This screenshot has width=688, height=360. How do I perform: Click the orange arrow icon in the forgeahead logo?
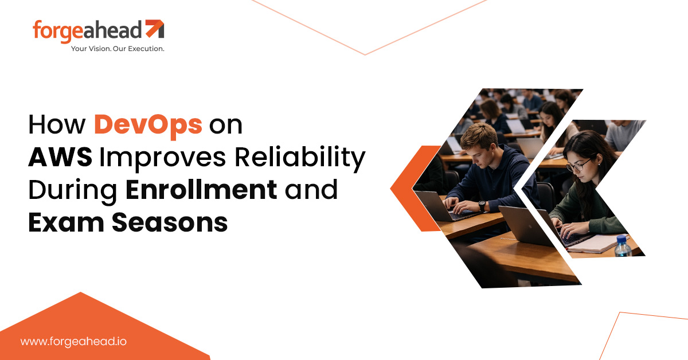click(154, 29)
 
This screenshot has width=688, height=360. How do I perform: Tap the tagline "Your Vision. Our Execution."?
click(118, 49)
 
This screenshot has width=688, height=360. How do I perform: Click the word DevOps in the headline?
click(148, 126)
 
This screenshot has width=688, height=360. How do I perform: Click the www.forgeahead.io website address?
click(73, 341)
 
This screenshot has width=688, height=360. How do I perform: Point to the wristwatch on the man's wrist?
click(482, 205)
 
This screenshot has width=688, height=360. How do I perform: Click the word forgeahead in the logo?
click(88, 30)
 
